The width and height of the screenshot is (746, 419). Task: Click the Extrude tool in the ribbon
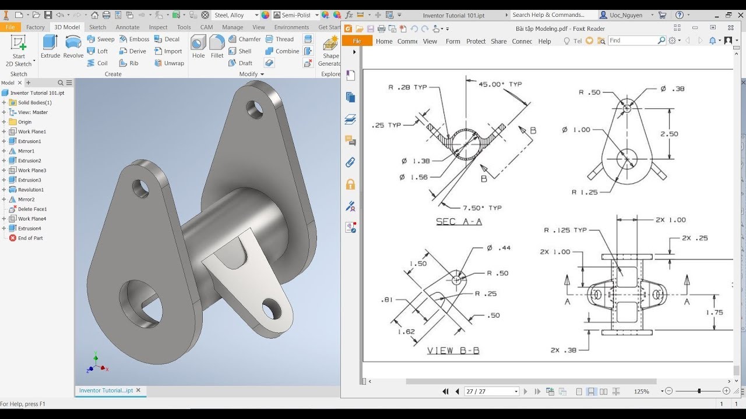pos(50,46)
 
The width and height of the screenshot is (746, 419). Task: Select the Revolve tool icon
pos(73,46)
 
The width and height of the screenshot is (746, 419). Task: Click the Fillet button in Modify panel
pos(217,46)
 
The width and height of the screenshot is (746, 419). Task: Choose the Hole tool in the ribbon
pos(198,46)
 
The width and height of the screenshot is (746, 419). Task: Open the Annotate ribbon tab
pos(127,27)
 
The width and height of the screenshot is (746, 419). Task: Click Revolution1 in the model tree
pos(30,190)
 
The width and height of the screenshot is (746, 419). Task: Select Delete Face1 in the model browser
pos(32,209)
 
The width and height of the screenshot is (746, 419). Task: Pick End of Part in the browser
pos(30,238)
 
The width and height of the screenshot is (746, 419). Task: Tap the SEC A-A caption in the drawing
pos(459,222)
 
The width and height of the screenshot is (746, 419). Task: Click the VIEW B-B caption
pos(453,350)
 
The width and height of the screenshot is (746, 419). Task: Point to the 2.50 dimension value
pos(668,134)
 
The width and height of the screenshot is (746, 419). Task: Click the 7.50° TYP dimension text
pos(481,208)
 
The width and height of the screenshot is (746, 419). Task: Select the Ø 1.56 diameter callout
pos(414,177)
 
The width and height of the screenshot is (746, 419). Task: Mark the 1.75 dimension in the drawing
pos(714,313)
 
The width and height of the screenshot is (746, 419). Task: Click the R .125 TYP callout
pos(565,230)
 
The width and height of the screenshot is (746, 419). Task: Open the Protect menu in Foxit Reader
pos(476,41)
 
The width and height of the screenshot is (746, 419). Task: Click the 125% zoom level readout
pos(641,392)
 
